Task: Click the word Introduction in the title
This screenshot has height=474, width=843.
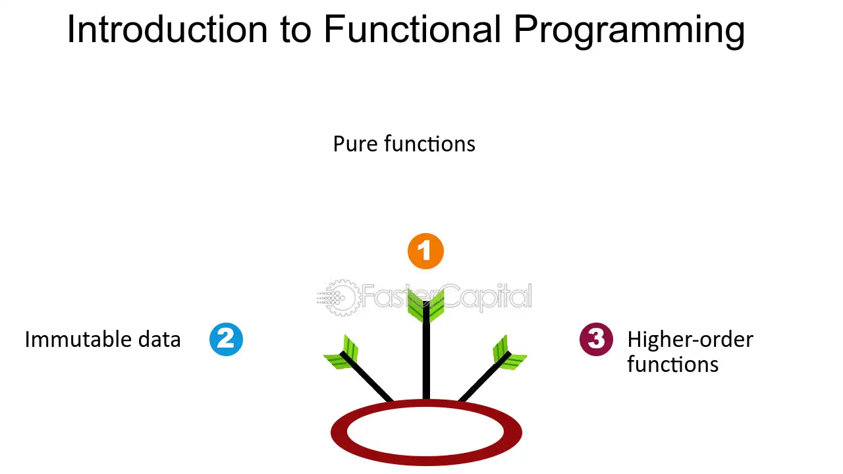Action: click(167, 30)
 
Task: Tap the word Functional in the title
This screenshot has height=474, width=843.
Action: click(413, 30)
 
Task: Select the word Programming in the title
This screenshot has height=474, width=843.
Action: click(629, 32)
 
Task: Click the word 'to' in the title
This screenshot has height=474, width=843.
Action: click(296, 31)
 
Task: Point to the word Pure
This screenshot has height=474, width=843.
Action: click(355, 144)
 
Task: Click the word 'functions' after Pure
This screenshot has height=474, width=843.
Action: click(430, 144)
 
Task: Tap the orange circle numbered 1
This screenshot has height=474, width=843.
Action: click(425, 251)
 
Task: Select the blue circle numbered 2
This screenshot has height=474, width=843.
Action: click(226, 339)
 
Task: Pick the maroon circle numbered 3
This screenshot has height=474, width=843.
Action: click(596, 339)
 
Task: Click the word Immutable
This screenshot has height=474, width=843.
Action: click(78, 339)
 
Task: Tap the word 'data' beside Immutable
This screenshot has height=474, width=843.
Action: click(159, 339)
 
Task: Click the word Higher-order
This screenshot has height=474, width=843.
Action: click(690, 340)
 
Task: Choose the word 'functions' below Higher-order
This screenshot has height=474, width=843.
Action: click(673, 365)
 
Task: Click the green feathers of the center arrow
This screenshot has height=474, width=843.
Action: click(425, 307)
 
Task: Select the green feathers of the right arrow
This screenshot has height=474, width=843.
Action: click(509, 354)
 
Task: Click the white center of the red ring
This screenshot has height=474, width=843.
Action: click(425, 432)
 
